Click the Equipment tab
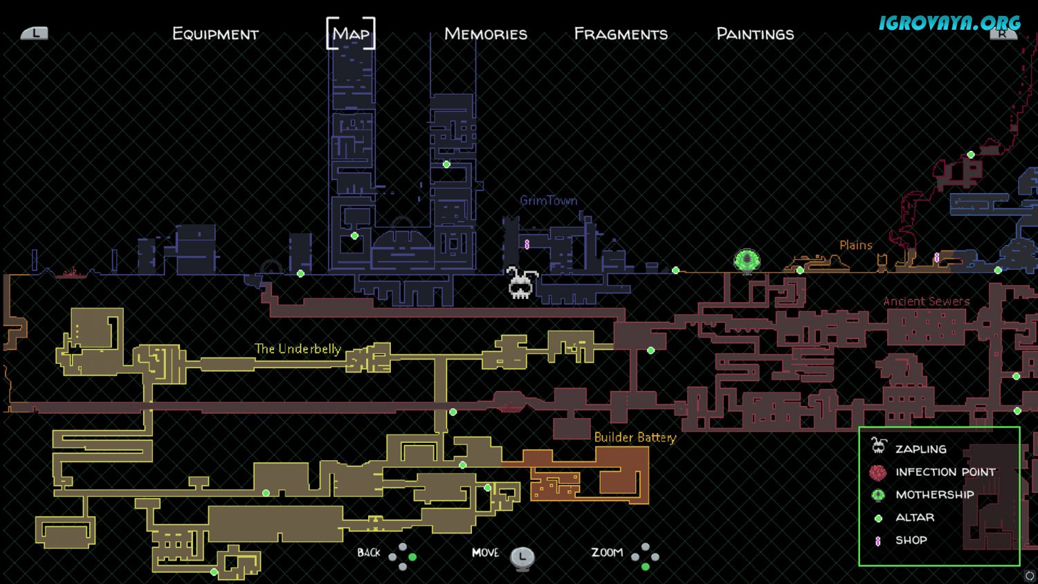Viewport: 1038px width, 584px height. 215,34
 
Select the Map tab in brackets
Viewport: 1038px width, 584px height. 351,33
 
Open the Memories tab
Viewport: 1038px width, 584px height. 486,34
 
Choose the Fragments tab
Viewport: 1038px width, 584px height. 621,34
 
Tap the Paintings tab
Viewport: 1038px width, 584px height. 756,34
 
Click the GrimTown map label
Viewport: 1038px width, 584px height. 549,201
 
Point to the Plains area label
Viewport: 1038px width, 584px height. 856,245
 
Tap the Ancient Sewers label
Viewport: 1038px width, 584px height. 927,301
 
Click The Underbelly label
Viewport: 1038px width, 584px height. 298,349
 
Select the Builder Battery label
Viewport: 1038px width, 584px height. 635,437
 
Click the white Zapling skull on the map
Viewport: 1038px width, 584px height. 521,282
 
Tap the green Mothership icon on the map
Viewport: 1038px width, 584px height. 747,261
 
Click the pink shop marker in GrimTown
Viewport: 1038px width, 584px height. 527,244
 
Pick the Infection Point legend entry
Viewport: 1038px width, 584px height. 932,472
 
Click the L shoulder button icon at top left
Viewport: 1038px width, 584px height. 35,33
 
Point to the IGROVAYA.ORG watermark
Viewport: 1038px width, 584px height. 949,22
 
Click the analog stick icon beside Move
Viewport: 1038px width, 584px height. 522,558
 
